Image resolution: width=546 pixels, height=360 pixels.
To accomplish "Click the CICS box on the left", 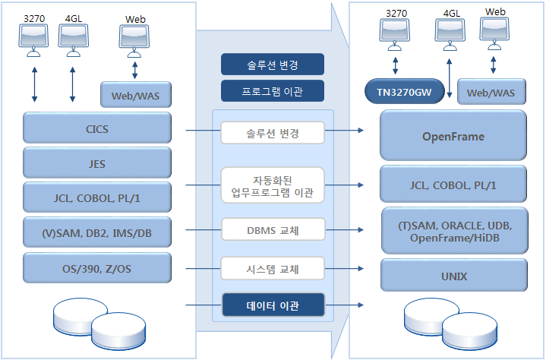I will [97, 128].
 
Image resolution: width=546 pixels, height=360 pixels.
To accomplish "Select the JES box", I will [97, 163].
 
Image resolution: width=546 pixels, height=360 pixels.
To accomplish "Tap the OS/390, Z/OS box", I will [97, 267].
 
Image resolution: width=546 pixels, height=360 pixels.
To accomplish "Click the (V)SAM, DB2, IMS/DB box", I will [97, 232].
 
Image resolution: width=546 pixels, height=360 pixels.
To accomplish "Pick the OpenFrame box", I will [453, 136].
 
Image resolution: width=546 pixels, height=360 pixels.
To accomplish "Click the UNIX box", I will [453, 275].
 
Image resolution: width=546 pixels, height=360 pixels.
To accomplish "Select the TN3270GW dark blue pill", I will [406, 93].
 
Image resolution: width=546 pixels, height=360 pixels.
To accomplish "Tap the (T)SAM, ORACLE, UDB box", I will [453, 232].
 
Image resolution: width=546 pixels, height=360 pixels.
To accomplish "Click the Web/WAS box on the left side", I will [136, 95].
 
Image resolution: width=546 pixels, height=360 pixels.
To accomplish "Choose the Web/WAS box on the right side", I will [491, 93].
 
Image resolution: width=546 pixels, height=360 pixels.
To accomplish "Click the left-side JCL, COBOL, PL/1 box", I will [97, 197].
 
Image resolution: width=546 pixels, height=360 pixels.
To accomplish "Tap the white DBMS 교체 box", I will [273, 228].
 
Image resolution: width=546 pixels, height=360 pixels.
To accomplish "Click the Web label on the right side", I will [495, 11].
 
